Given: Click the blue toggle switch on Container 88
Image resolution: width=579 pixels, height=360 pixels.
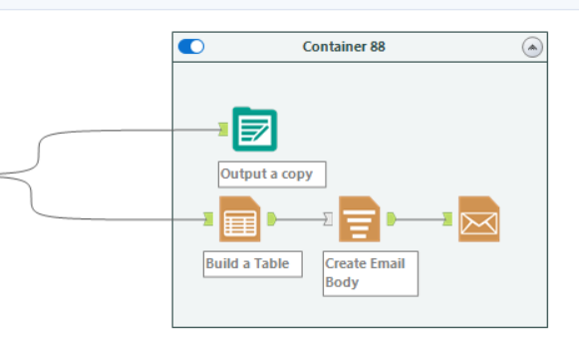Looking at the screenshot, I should pyautogui.click(x=190, y=46).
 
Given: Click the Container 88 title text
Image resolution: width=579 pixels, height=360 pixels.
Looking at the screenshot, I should pyautogui.click(x=343, y=47).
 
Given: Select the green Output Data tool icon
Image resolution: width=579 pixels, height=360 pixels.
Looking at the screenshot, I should pyautogui.click(x=254, y=129).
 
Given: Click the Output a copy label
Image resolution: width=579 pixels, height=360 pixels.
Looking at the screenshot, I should pyautogui.click(x=266, y=174).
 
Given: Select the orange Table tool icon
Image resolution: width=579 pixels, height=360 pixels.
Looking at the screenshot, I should pyautogui.click(x=240, y=219).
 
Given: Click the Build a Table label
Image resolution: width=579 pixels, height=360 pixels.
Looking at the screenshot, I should pyautogui.click(x=247, y=264).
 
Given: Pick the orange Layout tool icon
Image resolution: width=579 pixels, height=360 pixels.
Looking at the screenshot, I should pyautogui.click(x=360, y=219).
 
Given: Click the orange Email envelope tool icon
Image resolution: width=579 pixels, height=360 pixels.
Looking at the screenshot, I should pyautogui.click(x=478, y=219).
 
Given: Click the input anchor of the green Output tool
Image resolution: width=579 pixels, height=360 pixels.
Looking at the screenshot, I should pyautogui.click(x=223, y=129).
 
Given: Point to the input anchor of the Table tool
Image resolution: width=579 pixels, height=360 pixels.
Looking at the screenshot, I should pyautogui.click(x=208, y=219).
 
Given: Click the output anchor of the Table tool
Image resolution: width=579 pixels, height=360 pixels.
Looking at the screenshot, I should pyautogui.click(x=272, y=219).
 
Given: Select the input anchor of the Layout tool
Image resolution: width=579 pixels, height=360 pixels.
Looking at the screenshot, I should pyautogui.click(x=328, y=219).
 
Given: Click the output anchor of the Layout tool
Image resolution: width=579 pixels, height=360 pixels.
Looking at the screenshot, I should pyautogui.click(x=392, y=219).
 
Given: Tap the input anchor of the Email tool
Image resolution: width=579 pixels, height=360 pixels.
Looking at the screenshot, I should pyautogui.click(x=447, y=219).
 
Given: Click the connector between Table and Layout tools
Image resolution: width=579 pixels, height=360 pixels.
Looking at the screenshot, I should pyautogui.click(x=300, y=219).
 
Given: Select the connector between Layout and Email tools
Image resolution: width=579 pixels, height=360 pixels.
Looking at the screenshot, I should pyautogui.click(x=420, y=219).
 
